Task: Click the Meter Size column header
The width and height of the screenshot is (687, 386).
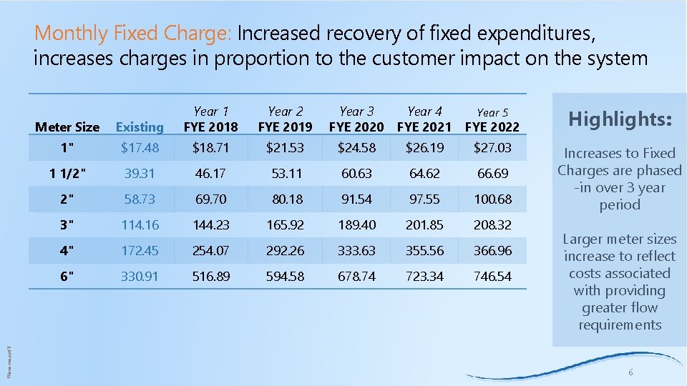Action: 67,127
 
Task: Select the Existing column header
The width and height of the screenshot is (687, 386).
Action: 140,127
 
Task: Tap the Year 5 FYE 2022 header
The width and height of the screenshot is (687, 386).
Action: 492,120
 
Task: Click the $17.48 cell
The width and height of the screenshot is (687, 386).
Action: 140,148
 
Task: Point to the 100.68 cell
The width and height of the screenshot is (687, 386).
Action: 492,199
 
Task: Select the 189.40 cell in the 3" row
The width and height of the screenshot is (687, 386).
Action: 356,225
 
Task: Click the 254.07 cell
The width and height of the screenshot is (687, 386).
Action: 211,251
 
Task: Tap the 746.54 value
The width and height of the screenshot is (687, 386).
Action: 492,277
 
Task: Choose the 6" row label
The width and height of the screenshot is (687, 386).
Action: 67,277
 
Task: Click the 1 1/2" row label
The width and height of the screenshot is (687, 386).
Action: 67,174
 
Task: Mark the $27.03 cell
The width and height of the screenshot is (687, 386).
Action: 492,148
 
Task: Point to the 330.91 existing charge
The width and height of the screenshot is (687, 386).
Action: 140,277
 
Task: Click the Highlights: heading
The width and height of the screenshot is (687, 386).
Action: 620,119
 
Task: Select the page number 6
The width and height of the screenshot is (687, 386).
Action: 630,372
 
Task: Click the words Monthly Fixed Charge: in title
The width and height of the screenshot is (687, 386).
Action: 133,33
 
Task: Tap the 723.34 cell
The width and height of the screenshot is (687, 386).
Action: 424,277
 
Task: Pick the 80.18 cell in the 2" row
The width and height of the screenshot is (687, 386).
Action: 285,199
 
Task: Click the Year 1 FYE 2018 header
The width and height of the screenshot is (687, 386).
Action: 211,119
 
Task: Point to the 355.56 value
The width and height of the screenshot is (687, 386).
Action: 424,251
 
